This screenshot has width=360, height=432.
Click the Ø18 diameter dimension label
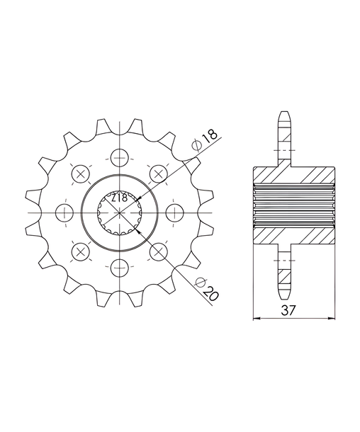point(206,140)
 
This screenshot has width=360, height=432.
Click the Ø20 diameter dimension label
point(206,289)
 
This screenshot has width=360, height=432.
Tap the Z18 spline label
point(120,198)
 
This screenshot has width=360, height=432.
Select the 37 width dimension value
point(288,310)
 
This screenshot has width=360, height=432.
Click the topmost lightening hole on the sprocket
point(120,158)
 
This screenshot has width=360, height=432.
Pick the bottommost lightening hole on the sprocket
point(120,268)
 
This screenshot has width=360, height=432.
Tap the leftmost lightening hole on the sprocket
point(64,213)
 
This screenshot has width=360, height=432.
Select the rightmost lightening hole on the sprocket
point(175,213)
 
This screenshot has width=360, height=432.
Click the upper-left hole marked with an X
point(81,174)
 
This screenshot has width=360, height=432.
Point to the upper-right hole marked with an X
point(159,174)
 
